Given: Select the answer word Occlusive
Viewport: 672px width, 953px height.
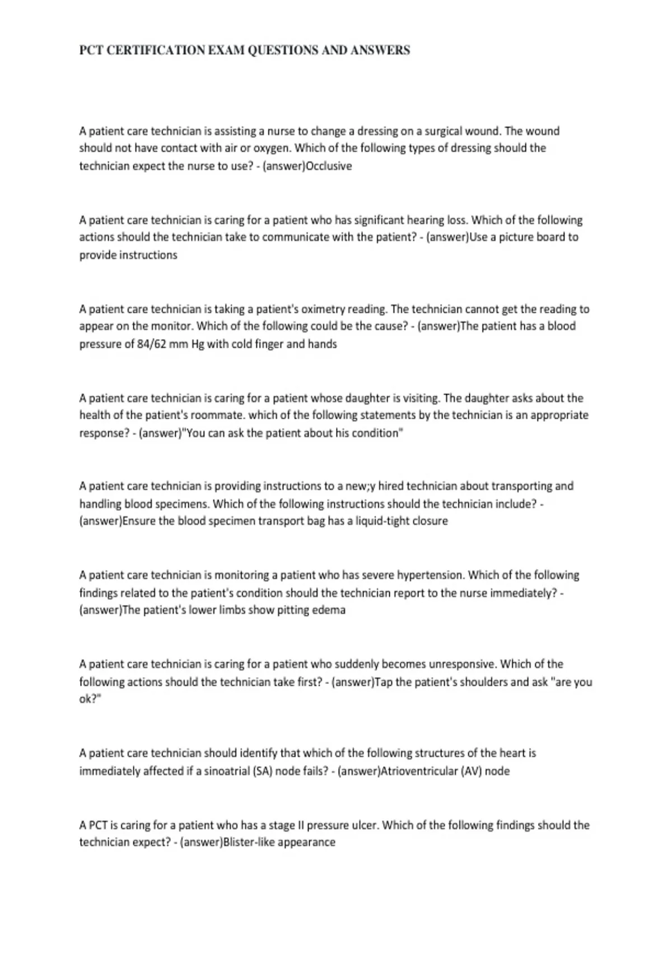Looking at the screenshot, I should coord(329,166).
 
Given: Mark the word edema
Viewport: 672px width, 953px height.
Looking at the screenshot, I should coord(331,610).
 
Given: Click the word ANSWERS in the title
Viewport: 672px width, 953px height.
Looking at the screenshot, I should coord(380,50).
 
